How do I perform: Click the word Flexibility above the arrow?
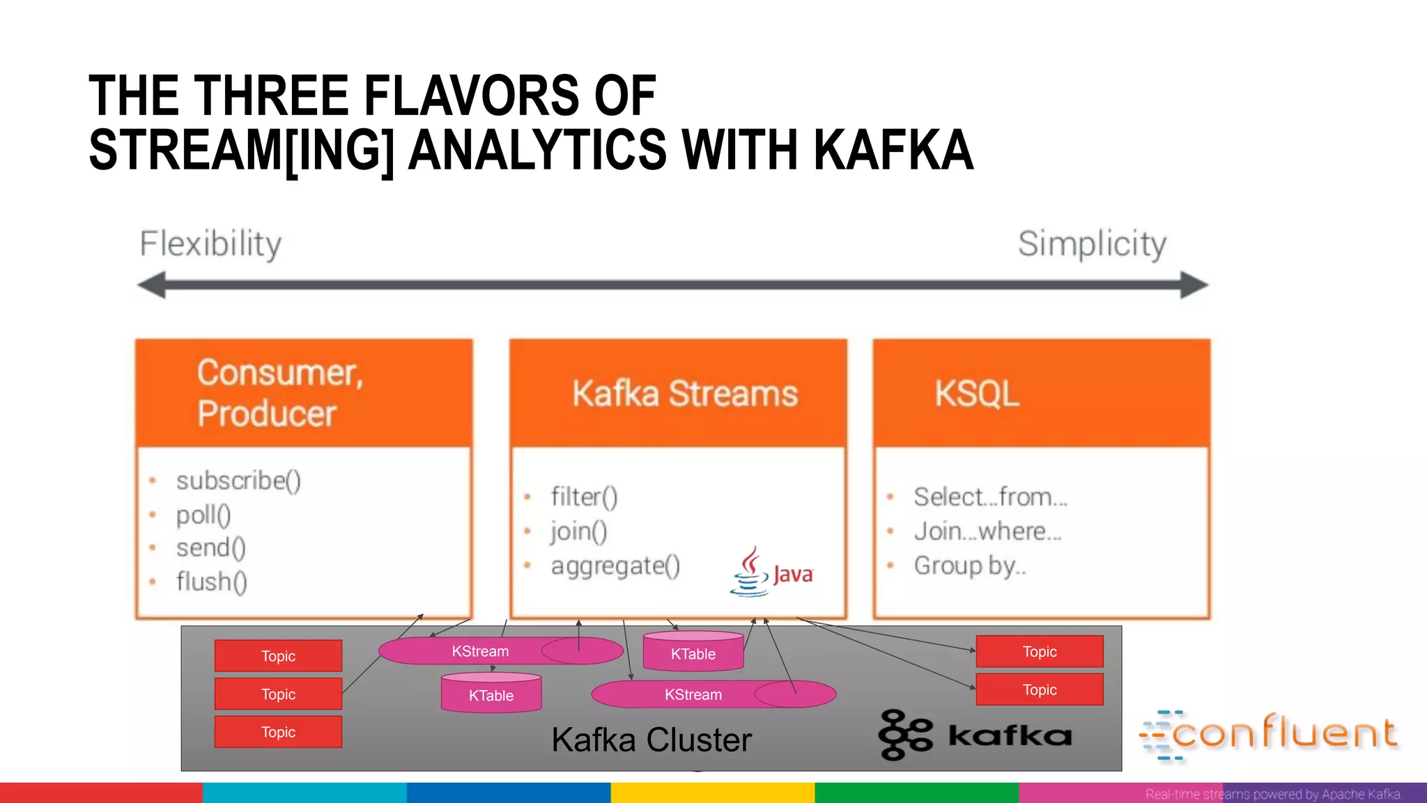point(210,244)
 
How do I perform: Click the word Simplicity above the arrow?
point(1091,244)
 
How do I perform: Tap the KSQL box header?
point(976,393)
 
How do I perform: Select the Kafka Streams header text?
point(684,393)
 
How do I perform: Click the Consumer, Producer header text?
point(279,392)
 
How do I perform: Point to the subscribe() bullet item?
point(238,481)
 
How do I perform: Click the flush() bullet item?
point(211,581)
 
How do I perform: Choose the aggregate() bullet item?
point(615,565)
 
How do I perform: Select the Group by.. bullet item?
point(969,565)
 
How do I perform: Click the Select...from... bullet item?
point(989,497)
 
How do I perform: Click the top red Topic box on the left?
point(278,656)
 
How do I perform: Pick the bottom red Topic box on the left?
point(278,732)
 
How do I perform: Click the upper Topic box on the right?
point(1039,652)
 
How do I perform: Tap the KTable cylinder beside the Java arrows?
point(693,653)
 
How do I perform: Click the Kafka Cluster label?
point(651,740)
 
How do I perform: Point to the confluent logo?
point(1268,734)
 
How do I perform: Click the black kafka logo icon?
point(904,735)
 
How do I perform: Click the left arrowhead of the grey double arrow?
point(152,285)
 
